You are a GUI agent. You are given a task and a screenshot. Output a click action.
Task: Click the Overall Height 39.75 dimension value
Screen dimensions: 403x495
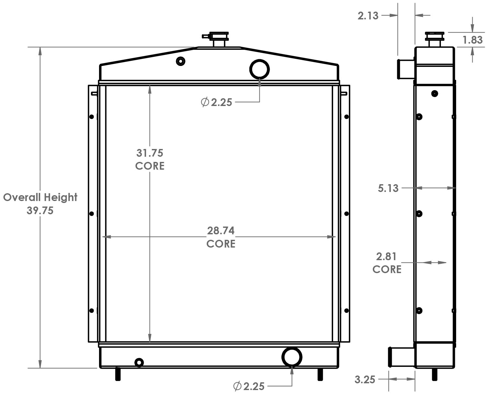pyautogui.click(x=40, y=210)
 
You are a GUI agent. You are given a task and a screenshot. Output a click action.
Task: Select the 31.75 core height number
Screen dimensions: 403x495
pyautogui.click(x=150, y=153)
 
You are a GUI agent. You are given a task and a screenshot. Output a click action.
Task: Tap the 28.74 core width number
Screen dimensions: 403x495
pyautogui.click(x=221, y=231)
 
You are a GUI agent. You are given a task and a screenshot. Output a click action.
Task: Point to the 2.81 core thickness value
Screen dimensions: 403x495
pyautogui.click(x=386, y=257)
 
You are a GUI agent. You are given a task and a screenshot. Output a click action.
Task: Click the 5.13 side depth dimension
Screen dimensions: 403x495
pyautogui.click(x=388, y=188)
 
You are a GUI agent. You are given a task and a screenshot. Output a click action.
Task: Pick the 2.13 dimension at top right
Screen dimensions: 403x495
pyautogui.click(x=368, y=16)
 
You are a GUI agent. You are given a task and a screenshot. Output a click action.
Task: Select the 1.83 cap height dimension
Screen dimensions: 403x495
pyautogui.click(x=472, y=40)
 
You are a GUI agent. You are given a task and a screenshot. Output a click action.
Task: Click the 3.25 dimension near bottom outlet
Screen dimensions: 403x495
pyautogui.click(x=365, y=379)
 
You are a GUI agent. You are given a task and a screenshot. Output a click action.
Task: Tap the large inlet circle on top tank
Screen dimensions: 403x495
pyautogui.click(x=259, y=69)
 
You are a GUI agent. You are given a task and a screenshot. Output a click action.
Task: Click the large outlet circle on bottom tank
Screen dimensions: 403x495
pyautogui.click(x=292, y=356)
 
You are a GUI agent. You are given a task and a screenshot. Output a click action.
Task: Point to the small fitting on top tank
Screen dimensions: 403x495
pyautogui.click(x=180, y=61)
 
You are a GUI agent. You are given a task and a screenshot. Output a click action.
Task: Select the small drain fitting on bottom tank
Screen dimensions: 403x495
pyautogui.click(x=139, y=363)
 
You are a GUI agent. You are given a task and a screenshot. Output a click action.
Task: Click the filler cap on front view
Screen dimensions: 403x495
pyautogui.click(x=219, y=39)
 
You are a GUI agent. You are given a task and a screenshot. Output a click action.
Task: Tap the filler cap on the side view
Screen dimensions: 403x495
pyautogui.click(x=434, y=39)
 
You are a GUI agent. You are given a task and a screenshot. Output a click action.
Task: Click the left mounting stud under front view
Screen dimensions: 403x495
pyautogui.click(x=118, y=375)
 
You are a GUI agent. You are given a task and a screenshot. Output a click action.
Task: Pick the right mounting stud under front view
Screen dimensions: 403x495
pyautogui.click(x=320, y=375)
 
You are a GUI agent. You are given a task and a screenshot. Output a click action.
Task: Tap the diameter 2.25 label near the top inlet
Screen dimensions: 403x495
pyautogui.click(x=217, y=102)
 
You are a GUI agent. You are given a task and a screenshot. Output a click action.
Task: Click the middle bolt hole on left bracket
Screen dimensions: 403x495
pyautogui.click(x=91, y=214)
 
